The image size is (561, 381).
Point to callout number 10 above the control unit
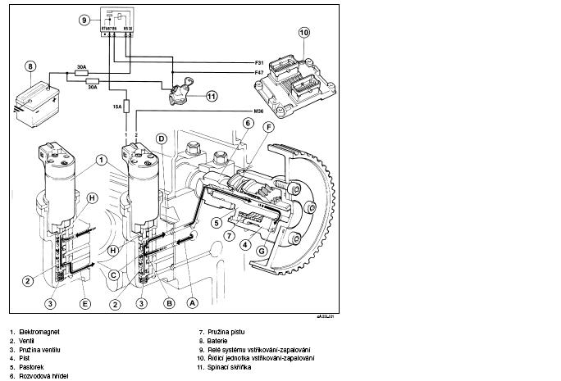coord(303,34)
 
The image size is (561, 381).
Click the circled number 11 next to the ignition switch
coord(212,96)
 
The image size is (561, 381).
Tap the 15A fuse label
coord(117,106)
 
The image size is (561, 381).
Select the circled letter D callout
coord(162,138)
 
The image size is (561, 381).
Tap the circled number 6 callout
coord(247,123)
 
